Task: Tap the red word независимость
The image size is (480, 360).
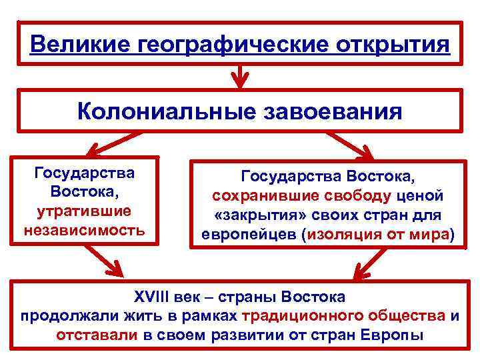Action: click(x=84, y=231)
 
